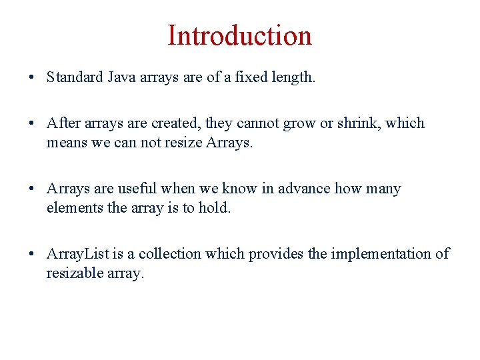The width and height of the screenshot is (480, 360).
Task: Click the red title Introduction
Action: tap(239, 35)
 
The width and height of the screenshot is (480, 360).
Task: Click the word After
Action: tap(62, 123)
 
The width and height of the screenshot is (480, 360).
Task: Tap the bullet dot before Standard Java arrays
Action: tap(32, 78)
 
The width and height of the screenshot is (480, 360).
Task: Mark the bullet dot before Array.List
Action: tap(32, 255)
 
